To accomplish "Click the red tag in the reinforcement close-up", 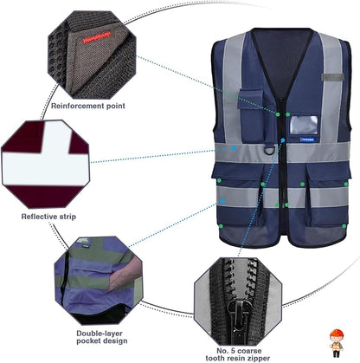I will (93, 40).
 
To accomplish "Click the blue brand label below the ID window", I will (303, 137).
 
